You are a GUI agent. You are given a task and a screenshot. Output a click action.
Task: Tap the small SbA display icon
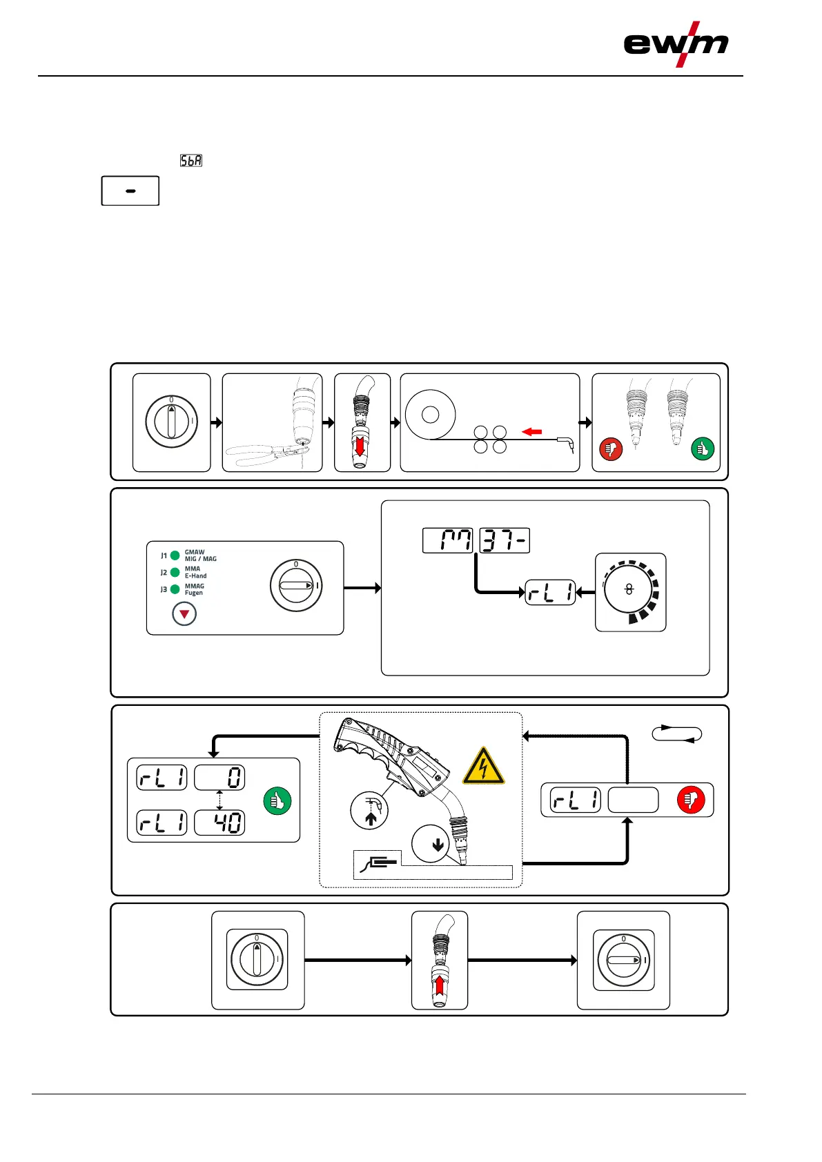191,161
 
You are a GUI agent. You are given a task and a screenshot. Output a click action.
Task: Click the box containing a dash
130,191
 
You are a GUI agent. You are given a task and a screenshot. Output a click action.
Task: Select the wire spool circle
430,415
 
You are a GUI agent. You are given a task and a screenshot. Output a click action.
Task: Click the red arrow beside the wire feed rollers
531,432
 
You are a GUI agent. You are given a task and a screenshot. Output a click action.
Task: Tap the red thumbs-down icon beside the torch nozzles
611,449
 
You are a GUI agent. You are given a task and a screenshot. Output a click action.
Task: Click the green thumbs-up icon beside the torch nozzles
703,449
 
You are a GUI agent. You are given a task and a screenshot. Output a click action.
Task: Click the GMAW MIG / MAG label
200,555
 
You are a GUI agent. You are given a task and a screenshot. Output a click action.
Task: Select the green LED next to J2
175,572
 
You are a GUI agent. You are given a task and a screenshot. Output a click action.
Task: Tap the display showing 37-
505,541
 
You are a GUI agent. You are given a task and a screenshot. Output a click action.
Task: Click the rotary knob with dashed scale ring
630,591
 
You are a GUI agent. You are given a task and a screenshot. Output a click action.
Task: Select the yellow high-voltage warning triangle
483,767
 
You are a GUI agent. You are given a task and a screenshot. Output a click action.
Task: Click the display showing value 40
219,823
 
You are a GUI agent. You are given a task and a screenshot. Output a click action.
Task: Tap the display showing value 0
219,778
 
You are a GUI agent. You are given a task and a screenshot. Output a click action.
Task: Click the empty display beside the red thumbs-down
633,800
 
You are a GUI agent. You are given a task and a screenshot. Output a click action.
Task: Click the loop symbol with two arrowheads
677,734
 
